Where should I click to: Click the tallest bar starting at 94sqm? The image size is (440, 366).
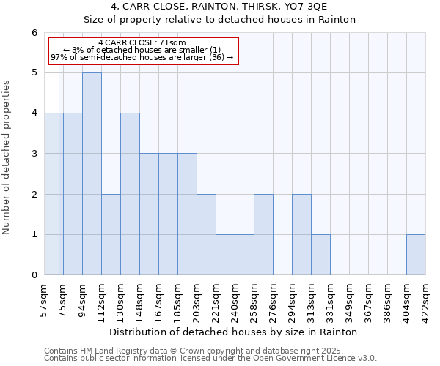click(x=92, y=173)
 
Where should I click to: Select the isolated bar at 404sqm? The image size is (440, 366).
click(x=416, y=255)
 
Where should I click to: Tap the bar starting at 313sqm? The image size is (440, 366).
click(x=320, y=255)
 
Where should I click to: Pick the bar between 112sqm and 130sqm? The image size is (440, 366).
click(x=111, y=234)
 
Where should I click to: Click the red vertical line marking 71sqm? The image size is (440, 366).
click(x=59, y=183)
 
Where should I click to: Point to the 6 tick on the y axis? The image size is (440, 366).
click(x=34, y=33)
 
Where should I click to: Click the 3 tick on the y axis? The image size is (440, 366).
click(x=34, y=154)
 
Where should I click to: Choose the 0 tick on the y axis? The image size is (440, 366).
click(x=34, y=275)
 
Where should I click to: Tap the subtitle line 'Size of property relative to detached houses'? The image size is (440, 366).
click(x=219, y=20)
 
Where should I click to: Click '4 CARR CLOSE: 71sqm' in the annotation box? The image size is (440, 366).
click(x=142, y=42)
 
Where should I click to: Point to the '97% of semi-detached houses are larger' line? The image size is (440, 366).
click(x=142, y=57)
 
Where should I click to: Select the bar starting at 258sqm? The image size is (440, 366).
click(x=263, y=234)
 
